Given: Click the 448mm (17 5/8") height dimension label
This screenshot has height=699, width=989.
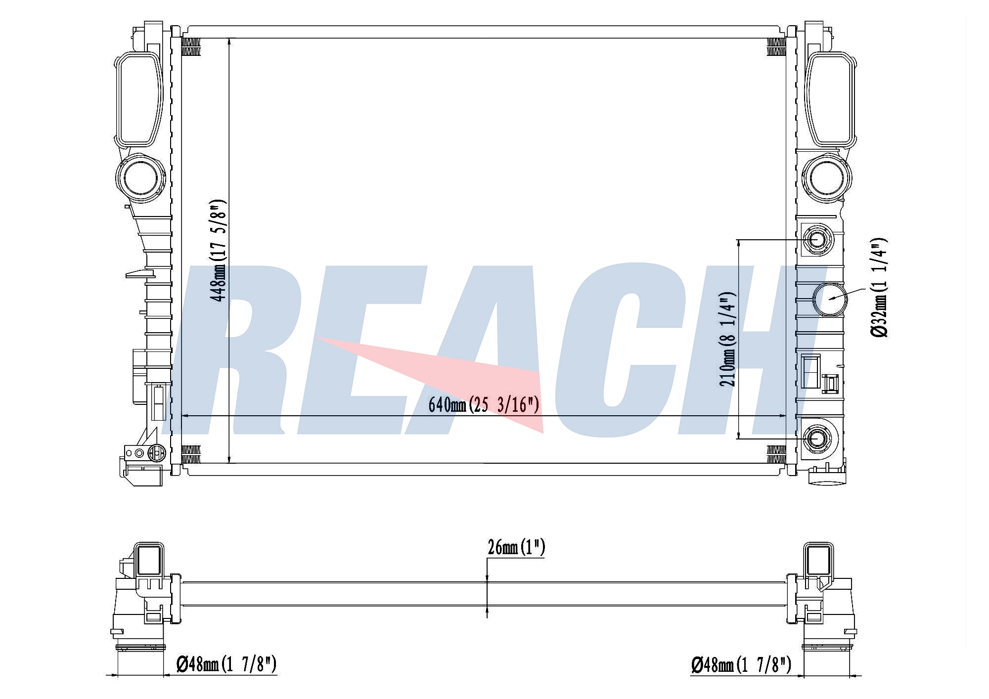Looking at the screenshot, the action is coord(218,251).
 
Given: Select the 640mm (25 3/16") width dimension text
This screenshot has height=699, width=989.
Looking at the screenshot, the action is coord(484,405).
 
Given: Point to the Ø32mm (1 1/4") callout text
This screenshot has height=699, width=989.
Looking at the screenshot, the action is coord(879,288).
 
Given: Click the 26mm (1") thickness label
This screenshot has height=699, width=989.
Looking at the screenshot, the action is coord(516,548).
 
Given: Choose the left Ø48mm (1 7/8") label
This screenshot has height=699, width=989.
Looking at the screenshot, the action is coord(226,664).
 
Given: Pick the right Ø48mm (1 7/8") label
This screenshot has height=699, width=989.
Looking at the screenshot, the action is coord(741,664).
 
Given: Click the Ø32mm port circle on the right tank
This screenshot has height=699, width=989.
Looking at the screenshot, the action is coord(830,299).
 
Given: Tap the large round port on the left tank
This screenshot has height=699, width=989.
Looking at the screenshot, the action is coord(141,178).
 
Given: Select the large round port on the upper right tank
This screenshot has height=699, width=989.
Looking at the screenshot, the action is coord(827,178).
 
